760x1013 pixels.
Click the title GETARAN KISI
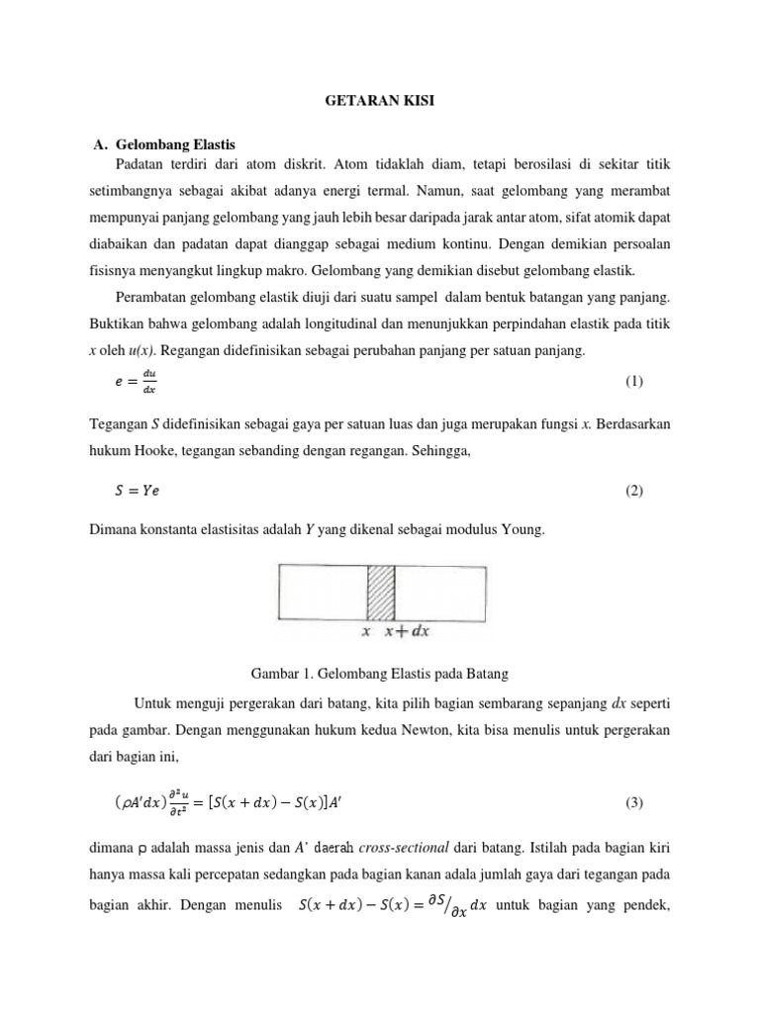380,100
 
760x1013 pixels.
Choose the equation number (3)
634,803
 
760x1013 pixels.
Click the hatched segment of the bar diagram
382,591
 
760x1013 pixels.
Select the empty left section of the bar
324,591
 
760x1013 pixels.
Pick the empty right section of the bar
440,591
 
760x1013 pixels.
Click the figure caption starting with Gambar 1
380,674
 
